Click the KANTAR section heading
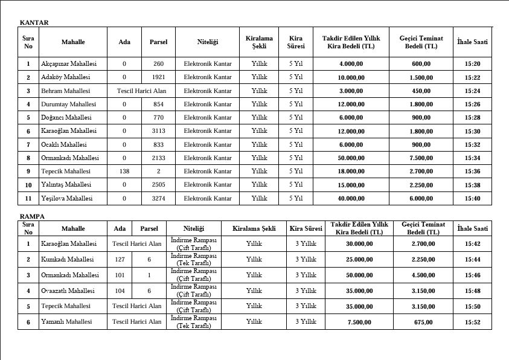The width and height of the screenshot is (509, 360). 34,22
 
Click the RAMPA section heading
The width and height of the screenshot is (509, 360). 33,216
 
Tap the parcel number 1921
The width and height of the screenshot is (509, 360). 158,77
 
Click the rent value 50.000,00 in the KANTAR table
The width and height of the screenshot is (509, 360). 351,158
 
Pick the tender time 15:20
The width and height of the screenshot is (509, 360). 472,63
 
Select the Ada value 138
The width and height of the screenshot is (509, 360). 124,171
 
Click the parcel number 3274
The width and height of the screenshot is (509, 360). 158,198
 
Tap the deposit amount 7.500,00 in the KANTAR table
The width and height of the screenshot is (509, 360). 421,158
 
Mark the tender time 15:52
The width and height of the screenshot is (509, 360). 472,322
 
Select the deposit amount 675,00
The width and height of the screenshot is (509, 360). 423,322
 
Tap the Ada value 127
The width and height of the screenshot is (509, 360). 120,260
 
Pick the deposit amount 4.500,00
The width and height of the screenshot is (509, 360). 423,275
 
